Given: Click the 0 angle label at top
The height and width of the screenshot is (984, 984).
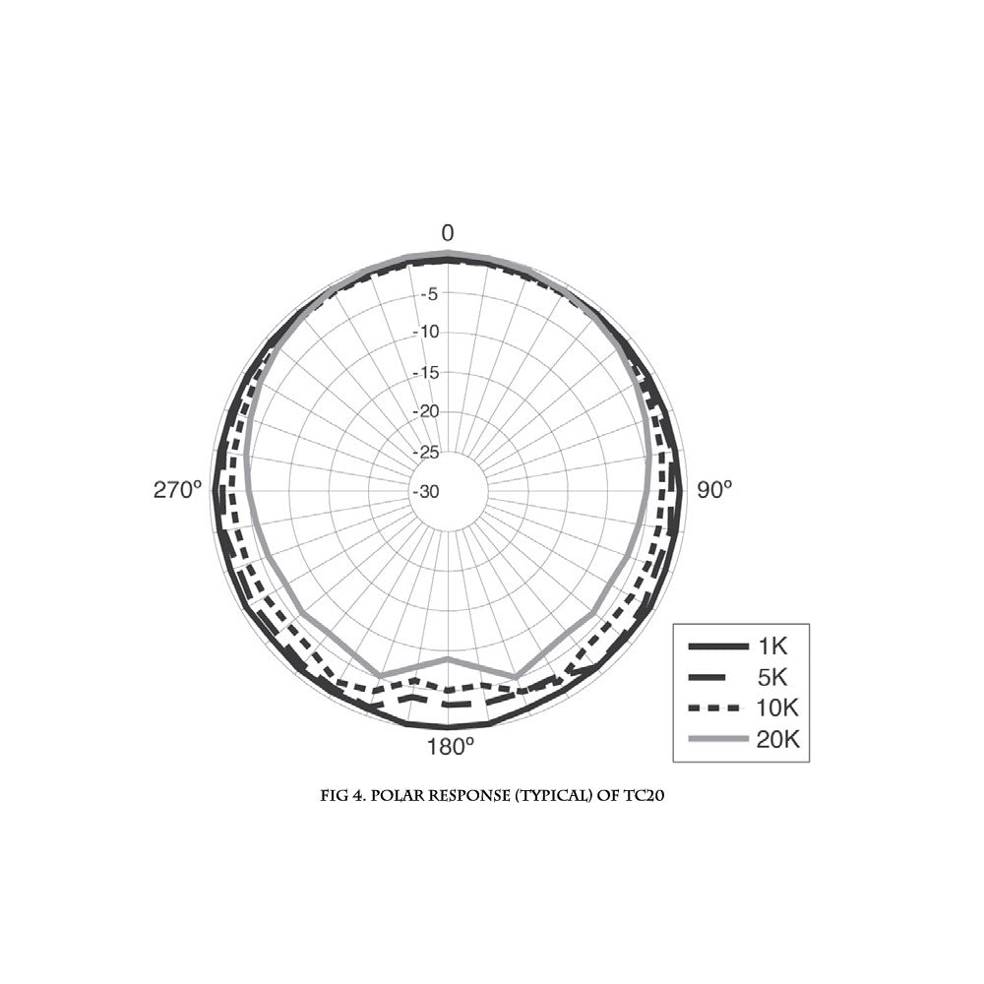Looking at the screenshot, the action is pos(448,233).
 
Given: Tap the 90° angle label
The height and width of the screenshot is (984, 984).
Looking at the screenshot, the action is pos(714,489).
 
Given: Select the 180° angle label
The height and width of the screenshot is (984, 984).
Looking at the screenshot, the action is pos(450,747).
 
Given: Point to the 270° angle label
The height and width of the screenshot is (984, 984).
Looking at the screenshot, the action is pos(177,489).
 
